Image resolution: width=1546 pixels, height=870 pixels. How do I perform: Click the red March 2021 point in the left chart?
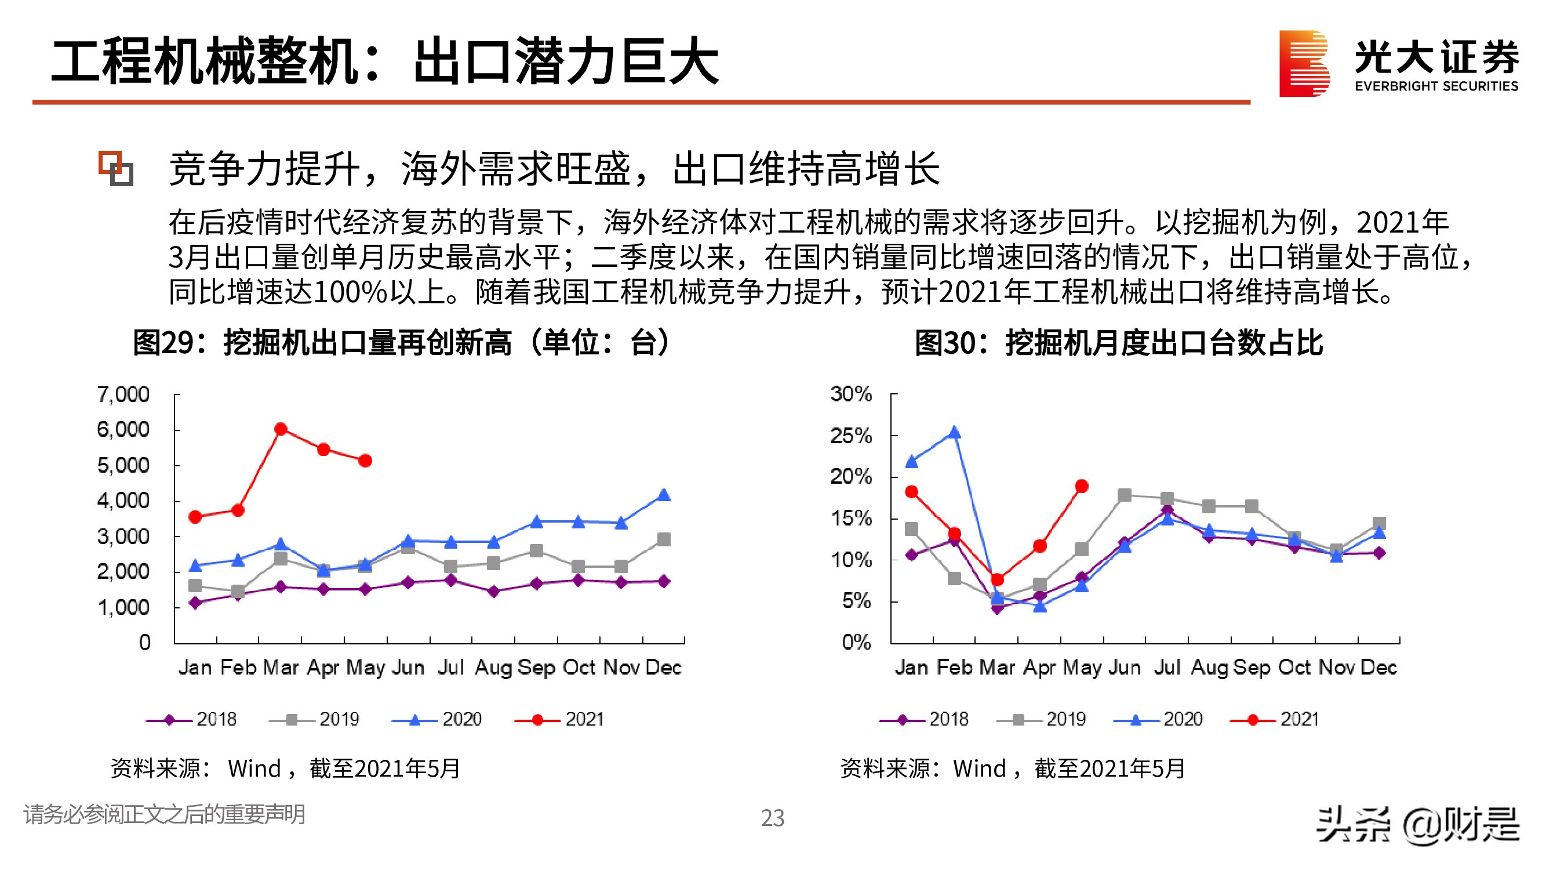coord(280,429)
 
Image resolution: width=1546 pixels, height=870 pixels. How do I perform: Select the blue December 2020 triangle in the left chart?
coord(663,495)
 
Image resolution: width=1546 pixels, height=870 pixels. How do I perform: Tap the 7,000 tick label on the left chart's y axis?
coord(123,394)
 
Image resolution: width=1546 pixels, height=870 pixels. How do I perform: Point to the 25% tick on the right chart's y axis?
coord(850,436)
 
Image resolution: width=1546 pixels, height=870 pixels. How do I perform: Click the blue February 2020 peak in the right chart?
coord(954,432)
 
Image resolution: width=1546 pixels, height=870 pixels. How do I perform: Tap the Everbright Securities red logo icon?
coord(1304,64)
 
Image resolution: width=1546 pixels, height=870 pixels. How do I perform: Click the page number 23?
coord(772,818)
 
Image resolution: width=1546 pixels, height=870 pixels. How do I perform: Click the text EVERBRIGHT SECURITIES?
coord(1436,86)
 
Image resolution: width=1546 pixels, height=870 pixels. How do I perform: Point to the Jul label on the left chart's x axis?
coord(451,667)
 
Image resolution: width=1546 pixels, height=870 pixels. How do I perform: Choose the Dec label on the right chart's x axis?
coord(1378,667)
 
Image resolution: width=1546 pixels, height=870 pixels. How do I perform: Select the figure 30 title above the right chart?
coord(1118,343)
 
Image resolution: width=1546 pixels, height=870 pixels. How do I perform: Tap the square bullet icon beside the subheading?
coord(116,169)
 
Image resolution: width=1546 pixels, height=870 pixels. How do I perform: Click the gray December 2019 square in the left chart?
coord(663,539)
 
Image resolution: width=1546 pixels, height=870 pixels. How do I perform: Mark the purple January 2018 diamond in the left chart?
coord(195,602)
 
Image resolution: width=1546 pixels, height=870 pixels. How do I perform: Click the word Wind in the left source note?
coord(254,768)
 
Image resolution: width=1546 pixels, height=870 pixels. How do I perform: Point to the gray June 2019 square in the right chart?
coord(1124,495)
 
